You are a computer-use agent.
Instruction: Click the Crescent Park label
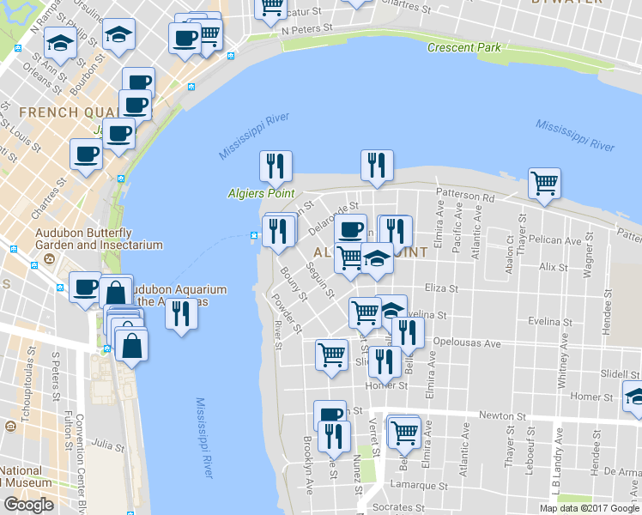pyautogui.click(x=463, y=47)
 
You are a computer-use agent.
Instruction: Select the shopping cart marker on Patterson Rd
pyautogui.click(x=544, y=183)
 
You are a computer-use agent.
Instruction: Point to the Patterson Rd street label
pyautogui.click(x=465, y=197)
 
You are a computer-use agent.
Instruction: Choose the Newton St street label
pyautogui.click(x=501, y=415)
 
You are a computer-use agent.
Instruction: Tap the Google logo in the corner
pyautogui.click(x=28, y=505)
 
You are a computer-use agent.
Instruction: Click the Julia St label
pyautogui.click(x=109, y=445)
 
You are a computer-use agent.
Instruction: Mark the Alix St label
pyautogui.click(x=548, y=268)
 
